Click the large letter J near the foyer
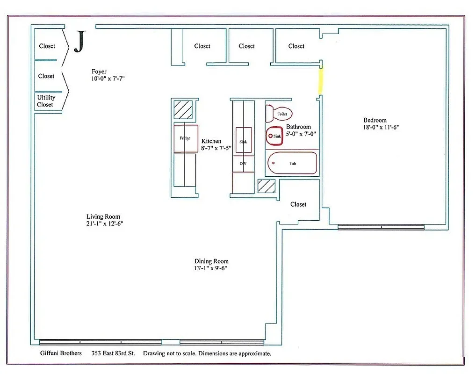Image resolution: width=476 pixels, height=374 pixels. pyautogui.click(x=79, y=42)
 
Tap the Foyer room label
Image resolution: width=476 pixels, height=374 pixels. pyautogui.click(x=99, y=72)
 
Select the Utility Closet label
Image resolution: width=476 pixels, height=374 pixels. pyautogui.click(x=46, y=101)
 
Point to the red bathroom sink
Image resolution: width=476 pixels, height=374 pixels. pyautogui.click(x=275, y=136)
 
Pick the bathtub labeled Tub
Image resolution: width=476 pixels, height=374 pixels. pyautogui.click(x=292, y=163)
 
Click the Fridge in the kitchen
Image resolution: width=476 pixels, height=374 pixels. pyautogui.click(x=186, y=138)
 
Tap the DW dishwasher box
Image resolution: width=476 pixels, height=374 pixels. pyautogui.click(x=243, y=164)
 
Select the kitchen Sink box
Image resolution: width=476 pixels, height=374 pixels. pyautogui.click(x=243, y=141)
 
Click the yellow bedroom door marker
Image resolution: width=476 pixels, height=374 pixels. pyautogui.click(x=321, y=80)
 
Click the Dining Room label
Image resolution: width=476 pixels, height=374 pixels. pyautogui.click(x=211, y=261)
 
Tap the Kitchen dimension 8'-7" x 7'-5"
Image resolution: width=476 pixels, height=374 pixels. pyautogui.click(x=216, y=148)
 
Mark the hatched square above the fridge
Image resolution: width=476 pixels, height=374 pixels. pyautogui.click(x=183, y=110)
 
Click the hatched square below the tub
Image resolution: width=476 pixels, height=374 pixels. pyautogui.click(x=267, y=186)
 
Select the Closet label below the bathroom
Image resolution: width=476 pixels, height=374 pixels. pyautogui.click(x=298, y=204)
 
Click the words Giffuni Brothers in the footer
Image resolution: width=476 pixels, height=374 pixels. pyautogui.click(x=61, y=353)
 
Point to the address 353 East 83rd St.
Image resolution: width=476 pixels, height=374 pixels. pyautogui.click(x=113, y=353)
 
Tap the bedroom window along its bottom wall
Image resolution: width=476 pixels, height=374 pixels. pyautogui.click(x=381, y=227)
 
